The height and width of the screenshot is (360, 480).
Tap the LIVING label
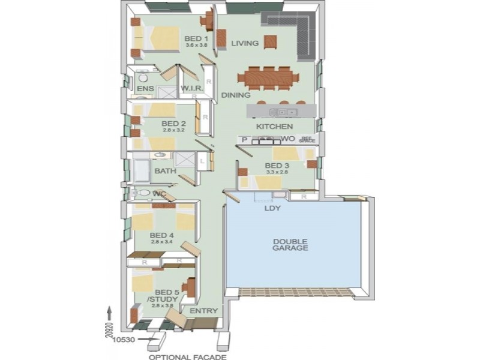[245, 43]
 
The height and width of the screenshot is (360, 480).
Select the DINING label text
[236, 95]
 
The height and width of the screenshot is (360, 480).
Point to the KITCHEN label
[274, 127]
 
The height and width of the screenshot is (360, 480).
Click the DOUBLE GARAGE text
[290, 244]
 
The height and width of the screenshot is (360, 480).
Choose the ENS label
[145, 89]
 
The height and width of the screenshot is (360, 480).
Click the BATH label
[165, 171]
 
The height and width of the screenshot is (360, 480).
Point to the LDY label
[273, 209]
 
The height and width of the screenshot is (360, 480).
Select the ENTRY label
[203, 311]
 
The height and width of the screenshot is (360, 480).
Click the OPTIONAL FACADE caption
[188, 357]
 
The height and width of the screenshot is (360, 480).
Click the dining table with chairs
[268, 77]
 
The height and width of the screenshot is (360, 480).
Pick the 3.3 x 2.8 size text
[277, 172]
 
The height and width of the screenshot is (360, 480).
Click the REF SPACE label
[307, 139]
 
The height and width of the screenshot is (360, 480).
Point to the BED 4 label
[161, 235]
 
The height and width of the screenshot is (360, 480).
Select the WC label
[159, 194]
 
